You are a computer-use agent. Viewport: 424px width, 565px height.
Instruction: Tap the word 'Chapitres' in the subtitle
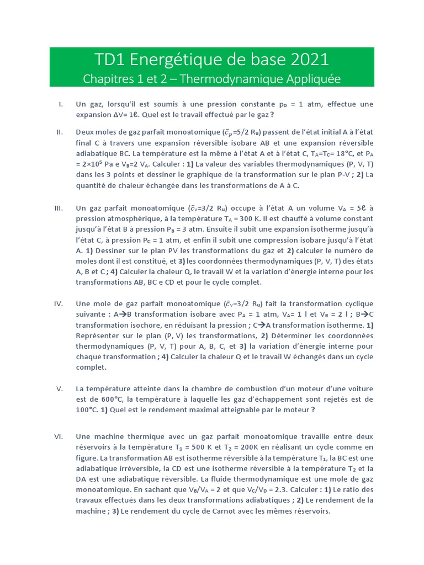coord(107,79)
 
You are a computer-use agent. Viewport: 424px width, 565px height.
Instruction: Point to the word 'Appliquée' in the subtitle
coord(310,79)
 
